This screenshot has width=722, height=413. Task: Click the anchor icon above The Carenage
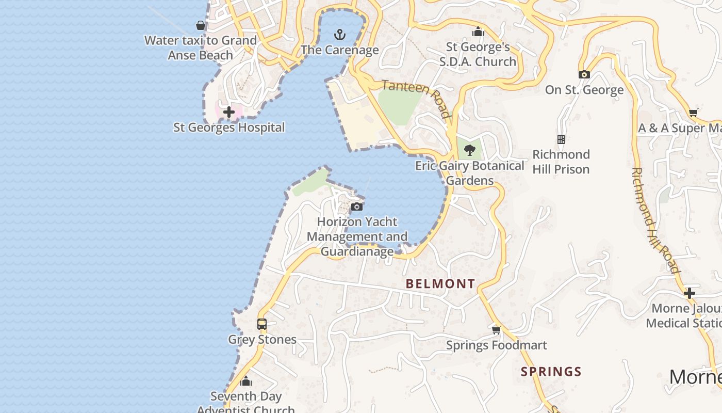coord(339,35)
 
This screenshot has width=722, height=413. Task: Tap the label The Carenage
coord(340,50)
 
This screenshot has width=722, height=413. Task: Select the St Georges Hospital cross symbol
coord(229,112)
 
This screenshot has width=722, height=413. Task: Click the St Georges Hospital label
coord(229,128)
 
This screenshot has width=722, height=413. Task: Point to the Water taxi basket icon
coord(201,25)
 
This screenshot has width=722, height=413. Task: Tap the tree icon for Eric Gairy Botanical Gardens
coord(469,150)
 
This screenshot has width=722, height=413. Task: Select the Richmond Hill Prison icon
coord(561,139)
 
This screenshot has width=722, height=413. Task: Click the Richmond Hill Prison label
coord(561,162)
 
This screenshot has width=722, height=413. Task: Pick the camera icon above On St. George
coord(584,75)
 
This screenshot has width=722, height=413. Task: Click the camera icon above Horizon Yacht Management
coord(357,207)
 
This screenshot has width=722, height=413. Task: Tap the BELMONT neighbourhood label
coord(440,283)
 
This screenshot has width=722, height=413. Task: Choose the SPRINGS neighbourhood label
coord(551,372)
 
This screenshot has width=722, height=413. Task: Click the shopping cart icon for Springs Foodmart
coord(496,330)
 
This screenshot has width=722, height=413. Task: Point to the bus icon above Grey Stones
coord(262,324)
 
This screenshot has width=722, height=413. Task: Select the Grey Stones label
coord(262,340)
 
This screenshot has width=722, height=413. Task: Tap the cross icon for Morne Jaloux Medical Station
coord(690,293)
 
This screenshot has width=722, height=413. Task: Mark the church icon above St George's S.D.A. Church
coord(478,32)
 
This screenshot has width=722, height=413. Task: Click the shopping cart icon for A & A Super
coord(694,113)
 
